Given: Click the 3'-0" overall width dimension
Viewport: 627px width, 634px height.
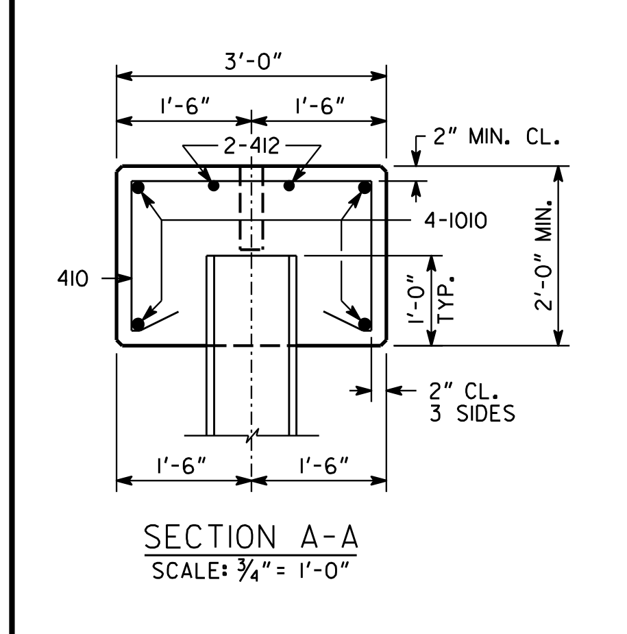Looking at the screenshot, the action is (253, 62).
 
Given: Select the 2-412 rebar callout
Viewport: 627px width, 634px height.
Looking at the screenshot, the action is (251, 146).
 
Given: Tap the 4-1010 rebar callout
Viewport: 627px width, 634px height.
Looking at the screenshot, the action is (456, 221).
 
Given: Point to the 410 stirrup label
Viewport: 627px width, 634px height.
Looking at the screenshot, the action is (73, 278).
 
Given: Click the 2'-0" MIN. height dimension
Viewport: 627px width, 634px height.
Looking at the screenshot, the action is (543, 255).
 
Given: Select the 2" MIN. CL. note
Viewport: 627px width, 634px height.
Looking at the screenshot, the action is (496, 136).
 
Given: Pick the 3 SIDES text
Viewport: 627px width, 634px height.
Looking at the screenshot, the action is (472, 413).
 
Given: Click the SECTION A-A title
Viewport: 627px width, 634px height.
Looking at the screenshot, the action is (251, 537).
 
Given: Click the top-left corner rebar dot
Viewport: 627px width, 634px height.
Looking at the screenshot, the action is (138, 188).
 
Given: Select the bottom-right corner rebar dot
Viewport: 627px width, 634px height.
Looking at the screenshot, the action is (365, 324).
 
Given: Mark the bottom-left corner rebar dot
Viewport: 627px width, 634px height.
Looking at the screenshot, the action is (138, 324).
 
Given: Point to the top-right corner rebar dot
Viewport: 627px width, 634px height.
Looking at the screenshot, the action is (365, 188).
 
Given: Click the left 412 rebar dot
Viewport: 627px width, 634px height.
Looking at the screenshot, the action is (213, 186).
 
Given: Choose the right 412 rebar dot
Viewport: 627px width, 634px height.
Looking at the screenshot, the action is (289, 186).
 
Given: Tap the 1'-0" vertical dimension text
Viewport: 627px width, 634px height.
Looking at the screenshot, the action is (417, 300).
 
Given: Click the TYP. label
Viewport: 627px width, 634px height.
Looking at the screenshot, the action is (446, 300).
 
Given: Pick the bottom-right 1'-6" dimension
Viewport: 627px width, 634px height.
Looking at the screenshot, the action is (324, 466).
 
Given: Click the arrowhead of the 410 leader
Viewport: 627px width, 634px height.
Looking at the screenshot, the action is (125, 278).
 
